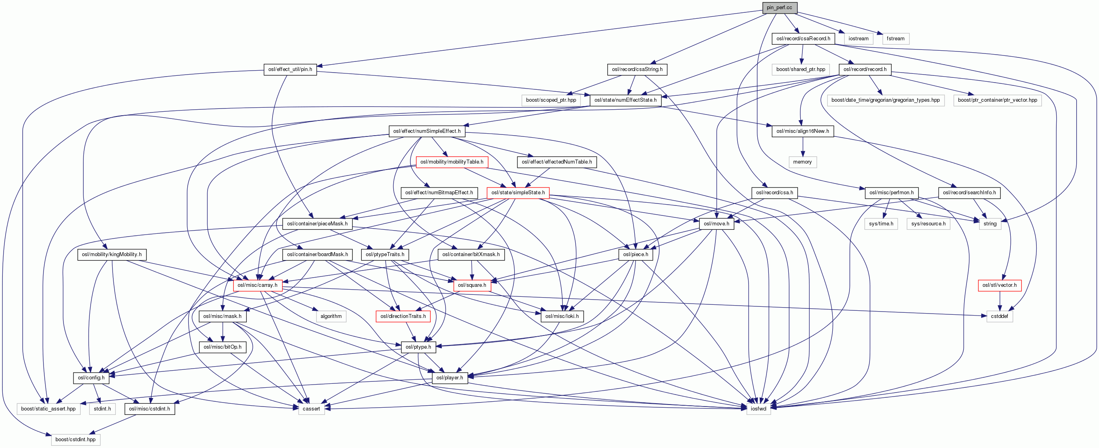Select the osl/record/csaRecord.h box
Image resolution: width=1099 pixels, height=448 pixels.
coord(803,39)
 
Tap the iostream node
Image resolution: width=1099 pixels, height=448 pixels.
coord(858,39)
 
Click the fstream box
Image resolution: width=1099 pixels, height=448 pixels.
coord(895,39)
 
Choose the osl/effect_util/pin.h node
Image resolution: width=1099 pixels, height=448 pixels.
coord(290,69)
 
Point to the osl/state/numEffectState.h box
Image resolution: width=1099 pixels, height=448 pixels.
coord(625,100)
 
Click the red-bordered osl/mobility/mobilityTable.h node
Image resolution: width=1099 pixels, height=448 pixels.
coord(451,162)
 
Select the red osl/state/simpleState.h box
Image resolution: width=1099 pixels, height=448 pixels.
coord(517,193)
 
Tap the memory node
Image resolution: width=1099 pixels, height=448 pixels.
coord(802,162)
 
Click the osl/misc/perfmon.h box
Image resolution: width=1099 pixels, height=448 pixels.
coord(891,193)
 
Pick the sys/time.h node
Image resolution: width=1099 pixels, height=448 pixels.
coord(881,224)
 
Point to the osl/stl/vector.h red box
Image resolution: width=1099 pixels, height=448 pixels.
coord(999,285)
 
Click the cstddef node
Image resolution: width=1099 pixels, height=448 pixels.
coord(999,316)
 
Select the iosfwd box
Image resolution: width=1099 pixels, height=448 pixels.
coord(758,409)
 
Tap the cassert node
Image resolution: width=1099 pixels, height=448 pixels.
coord(311,409)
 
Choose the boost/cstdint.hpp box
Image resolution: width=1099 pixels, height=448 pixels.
coord(75,440)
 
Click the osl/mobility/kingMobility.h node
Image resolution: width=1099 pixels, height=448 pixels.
coord(112,255)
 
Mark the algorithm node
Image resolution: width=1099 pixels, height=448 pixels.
coord(331,316)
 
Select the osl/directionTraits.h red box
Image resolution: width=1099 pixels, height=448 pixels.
coord(403,316)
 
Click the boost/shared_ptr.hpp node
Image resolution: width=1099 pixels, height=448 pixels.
coord(800,69)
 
